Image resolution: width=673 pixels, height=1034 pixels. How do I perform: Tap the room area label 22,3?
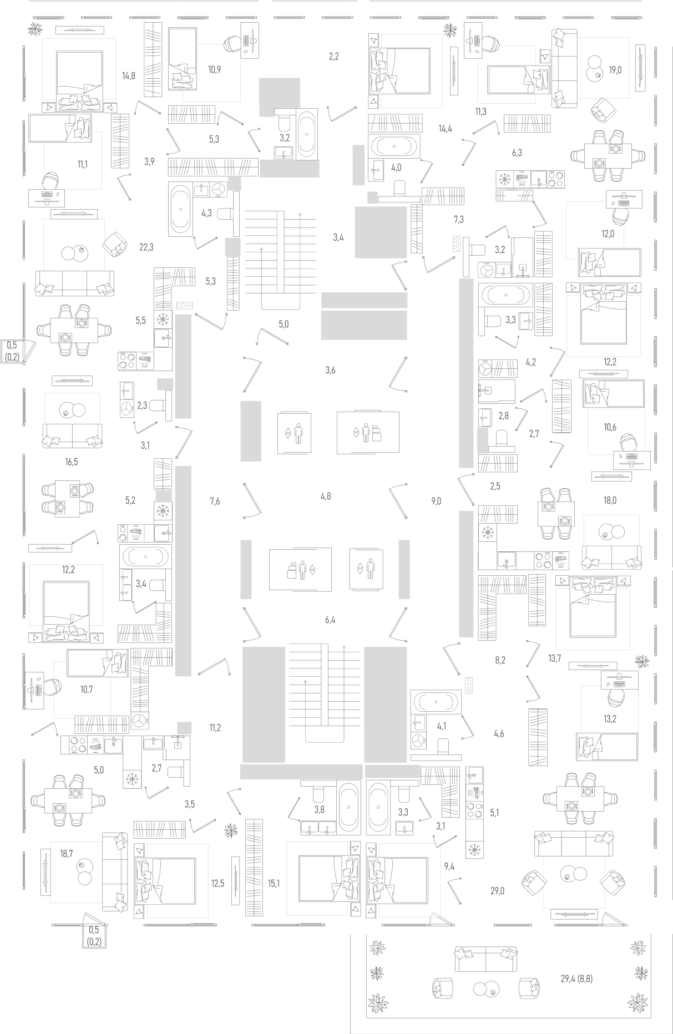click(146, 247)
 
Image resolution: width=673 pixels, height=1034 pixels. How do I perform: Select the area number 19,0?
click(615, 70)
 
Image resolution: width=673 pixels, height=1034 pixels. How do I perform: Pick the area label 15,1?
click(273, 883)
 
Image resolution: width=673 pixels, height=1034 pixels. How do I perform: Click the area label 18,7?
click(67, 853)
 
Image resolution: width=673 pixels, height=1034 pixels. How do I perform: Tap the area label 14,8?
click(129, 75)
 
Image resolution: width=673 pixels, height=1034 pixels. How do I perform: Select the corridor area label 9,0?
click(436, 501)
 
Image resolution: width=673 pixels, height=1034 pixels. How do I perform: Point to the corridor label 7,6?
click(215, 501)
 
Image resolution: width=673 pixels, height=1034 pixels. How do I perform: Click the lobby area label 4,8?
click(326, 496)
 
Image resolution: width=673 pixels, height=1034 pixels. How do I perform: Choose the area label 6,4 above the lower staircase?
click(330, 620)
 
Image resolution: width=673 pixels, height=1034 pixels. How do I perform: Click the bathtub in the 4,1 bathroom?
click(436, 702)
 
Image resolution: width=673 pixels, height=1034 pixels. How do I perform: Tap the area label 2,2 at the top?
click(333, 56)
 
